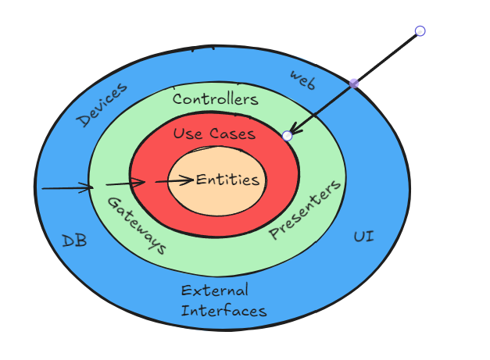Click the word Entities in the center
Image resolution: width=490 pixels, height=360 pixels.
[x=227, y=180]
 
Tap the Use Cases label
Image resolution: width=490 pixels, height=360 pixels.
[x=214, y=134]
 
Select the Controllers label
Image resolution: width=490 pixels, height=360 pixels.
[x=215, y=99]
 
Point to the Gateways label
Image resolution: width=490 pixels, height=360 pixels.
[x=136, y=226]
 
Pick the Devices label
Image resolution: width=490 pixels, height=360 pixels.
[x=102, y=105]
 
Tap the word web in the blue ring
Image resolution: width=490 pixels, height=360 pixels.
[x=302, y=79]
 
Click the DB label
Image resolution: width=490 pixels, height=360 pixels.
[x=74, y=241]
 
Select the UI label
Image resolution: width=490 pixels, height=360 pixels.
[x=363, y=236]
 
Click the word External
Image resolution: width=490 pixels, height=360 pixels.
[x=214, y=291]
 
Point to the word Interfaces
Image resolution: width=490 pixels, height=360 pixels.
[x=224, y=310]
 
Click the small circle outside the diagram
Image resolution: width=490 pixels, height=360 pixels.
[x=420, y=31]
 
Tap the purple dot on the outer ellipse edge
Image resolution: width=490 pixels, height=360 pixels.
[x=354, y=83]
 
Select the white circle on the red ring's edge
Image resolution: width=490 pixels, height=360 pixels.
[x=288, y=136]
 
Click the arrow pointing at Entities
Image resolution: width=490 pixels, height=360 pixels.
[x=174, y=181]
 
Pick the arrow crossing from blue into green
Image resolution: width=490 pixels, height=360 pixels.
[x=67, y=187]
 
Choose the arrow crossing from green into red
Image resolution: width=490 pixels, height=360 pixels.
[x=125, y=184]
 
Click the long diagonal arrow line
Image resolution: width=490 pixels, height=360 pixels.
[x=387, y=57]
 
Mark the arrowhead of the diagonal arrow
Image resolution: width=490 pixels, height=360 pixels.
[x=294, y=130]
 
